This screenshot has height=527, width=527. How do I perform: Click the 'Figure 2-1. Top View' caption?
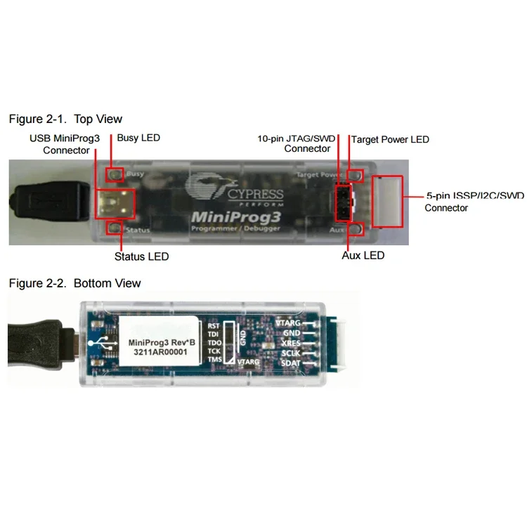click(65, 119)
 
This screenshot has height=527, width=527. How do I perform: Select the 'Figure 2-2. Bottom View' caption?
click(74, 283)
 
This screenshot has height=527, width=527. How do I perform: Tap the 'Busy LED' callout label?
click(138, 138)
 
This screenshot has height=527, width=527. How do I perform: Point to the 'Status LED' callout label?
click(141, 256)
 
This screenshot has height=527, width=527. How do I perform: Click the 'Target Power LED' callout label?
click(390, 139)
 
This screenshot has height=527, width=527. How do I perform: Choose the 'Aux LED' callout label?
click(363, 255)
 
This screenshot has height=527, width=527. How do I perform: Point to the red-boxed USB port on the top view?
click(115, 202)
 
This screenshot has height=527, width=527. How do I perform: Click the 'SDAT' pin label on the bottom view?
click(290, 363)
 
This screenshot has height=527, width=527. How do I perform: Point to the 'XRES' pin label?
click(290, 343)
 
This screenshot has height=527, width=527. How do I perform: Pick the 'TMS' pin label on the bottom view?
click(214, 360)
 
